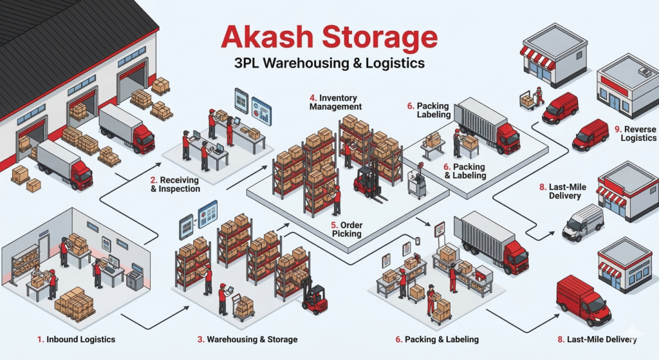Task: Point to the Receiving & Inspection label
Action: tap(174, 184)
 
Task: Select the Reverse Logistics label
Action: tap(638, 133)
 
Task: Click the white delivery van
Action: tap(582, 223)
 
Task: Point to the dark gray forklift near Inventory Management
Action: tap(368, 183)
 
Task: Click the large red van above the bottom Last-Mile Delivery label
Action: tap(582, 300)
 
